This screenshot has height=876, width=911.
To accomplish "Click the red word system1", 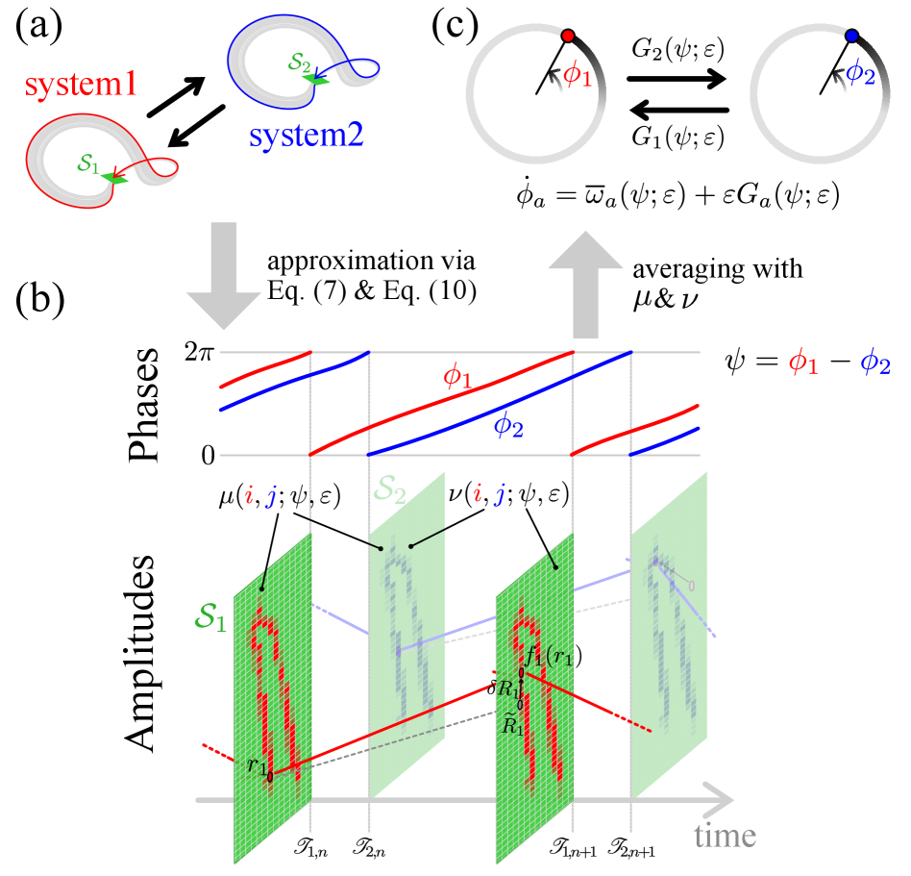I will point(81,86).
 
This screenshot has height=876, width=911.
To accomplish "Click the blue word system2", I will point(306,135).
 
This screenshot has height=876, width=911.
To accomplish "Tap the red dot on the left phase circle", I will point(568,36).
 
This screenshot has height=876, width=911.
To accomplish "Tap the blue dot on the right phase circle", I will point(851,36).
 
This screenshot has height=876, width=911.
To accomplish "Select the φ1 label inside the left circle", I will point(578,74).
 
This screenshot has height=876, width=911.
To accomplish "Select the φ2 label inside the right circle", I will point(860,73).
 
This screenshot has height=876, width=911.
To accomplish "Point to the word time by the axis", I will point(725,836).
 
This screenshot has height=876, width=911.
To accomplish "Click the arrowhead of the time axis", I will point(722,799).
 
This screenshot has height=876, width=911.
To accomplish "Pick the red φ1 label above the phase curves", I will point(457,376).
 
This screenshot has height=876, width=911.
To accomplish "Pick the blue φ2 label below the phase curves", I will point(508,425).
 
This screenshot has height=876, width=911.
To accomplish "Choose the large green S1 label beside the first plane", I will point(210,618).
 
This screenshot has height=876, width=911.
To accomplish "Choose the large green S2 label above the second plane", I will point(390,494).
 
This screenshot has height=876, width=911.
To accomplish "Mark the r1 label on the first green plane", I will point(256,765).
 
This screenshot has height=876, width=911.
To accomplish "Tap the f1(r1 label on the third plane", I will point(549,659).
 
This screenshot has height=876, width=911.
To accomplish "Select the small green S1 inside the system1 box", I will point(88,165).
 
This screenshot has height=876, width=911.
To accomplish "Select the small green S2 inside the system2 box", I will point(299,63).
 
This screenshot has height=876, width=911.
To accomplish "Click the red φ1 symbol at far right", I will point(803,363).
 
